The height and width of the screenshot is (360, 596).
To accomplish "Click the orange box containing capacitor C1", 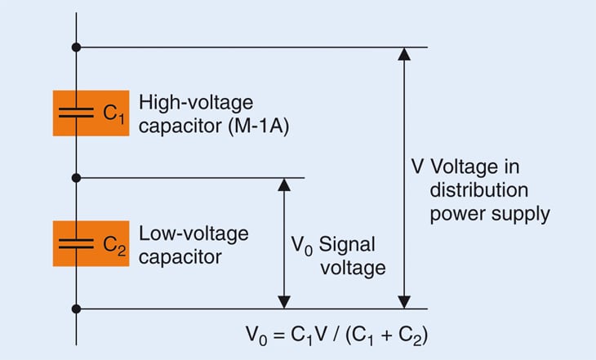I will (x=90, y=113).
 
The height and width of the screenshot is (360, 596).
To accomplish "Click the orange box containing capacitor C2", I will (x=90, y=242).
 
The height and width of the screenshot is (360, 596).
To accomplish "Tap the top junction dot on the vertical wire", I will (x=76, y=47).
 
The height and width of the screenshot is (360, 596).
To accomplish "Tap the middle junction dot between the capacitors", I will (x=76, y=177).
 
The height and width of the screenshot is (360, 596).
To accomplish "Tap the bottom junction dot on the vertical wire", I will (x=76, y=308).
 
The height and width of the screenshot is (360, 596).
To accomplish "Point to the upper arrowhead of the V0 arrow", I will (x=283, y=184).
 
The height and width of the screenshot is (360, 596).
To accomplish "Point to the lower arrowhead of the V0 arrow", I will (x=283, y=301).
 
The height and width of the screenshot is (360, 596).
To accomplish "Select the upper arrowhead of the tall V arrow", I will (x=403, y=55).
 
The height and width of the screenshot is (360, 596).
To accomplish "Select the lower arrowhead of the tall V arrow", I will (x=403, y=301).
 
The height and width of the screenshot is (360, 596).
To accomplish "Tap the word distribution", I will (x=474, y=190).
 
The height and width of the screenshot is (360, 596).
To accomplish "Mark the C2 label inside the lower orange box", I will (x=113, y=244).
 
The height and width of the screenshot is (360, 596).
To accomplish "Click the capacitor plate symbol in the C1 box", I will (x=76, y=113).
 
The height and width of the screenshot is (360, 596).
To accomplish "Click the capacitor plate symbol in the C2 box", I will (x=76, y=242).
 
